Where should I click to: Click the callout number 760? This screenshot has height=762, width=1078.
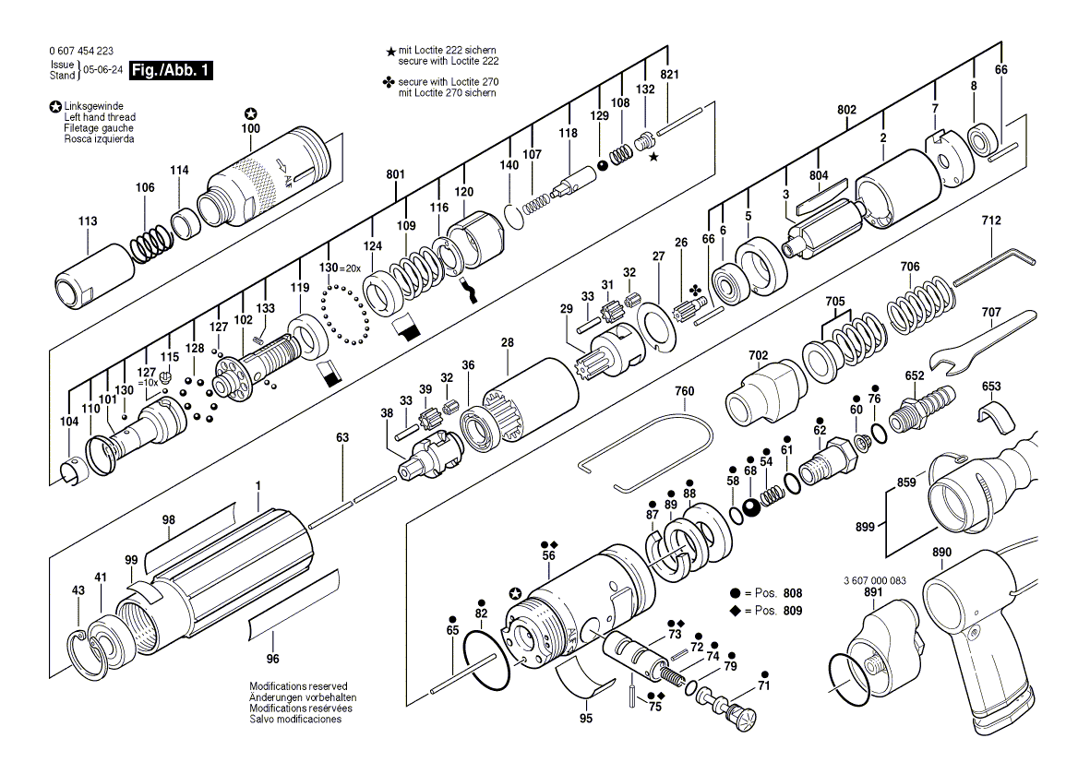(x=684, y=391)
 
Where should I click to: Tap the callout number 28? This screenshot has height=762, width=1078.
(x=507, y=342)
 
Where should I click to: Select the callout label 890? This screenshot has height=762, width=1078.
(x=941, y=553)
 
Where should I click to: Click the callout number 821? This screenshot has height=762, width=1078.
(x=670, y=75)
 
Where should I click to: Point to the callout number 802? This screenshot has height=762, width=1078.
(x=846, y=110)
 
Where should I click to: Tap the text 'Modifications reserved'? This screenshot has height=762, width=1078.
(x=298, y=686)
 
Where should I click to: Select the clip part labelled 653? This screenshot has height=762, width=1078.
(x=990, y=415)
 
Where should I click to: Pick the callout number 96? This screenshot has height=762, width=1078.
(x=272, y=659)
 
